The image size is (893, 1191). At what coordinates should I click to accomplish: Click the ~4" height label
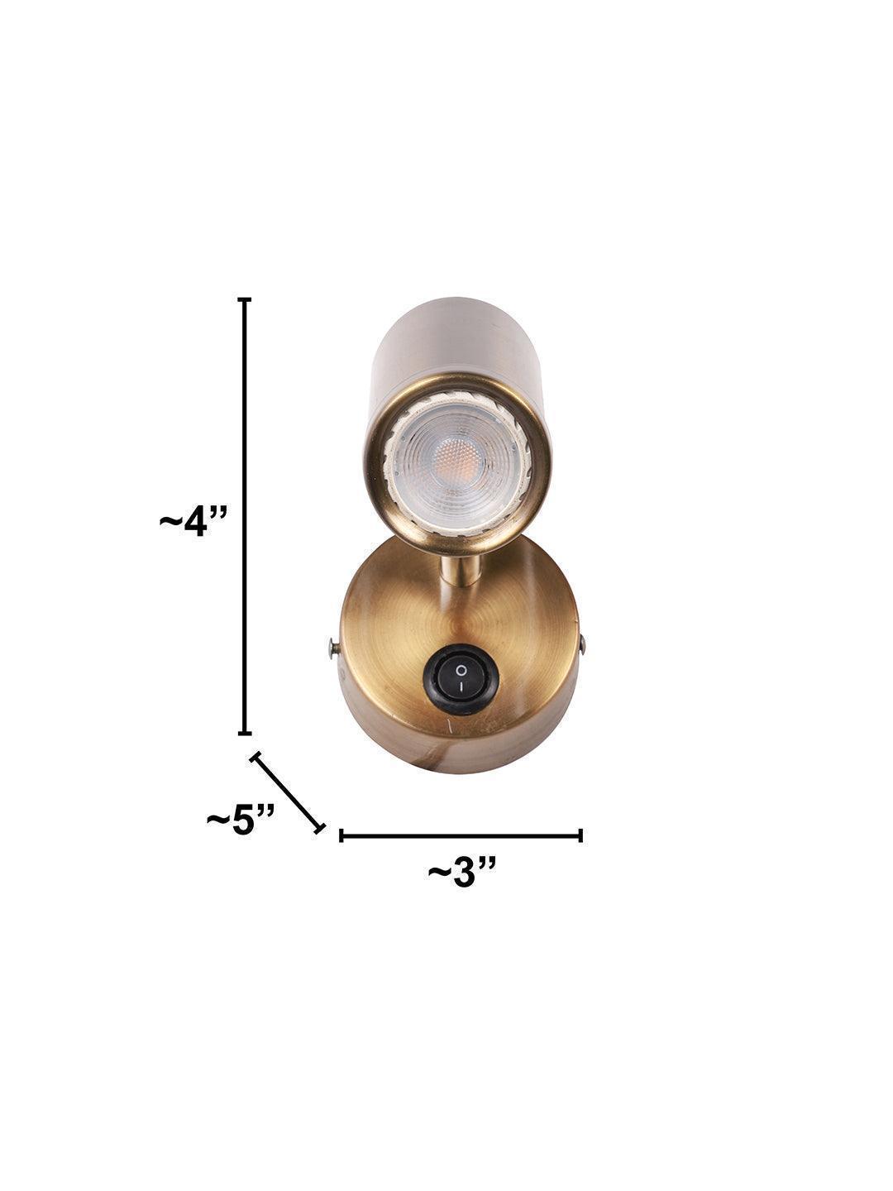[193, 522]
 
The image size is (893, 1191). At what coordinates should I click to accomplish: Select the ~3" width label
[462, 872]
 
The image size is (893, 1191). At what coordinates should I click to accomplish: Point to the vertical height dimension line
[245, 513]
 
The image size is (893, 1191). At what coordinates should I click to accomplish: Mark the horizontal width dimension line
[461, 835]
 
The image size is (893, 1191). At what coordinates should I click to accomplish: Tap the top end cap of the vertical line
[245, 299]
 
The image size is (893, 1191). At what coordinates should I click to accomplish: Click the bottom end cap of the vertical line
[245, 732]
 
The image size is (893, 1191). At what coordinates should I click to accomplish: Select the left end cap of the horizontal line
[341, 835]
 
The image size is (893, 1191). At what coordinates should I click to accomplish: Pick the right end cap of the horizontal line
[581, 835]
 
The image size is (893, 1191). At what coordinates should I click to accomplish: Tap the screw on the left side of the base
[332, 648]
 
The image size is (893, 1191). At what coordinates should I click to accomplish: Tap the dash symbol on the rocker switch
[461, 689]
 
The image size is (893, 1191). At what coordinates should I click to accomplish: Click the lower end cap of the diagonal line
[320, 828]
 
